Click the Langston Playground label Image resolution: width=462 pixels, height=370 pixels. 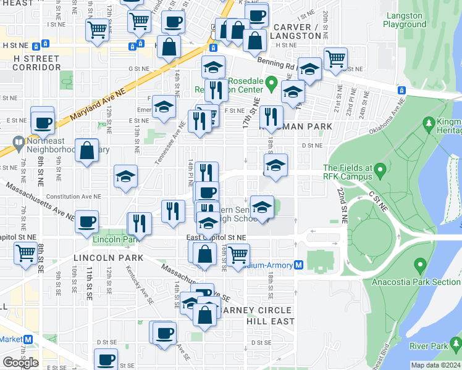pos(405,20)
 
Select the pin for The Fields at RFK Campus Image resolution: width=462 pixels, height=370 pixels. pos(380,168)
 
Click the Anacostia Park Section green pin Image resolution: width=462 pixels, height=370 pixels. pos(421,266)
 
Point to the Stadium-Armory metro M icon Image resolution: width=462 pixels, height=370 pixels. pos(298,265)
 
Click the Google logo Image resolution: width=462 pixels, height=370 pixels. pos(20,362)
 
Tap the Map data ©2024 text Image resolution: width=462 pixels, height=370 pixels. pos(435,365)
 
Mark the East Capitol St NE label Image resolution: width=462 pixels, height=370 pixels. pos(216,237)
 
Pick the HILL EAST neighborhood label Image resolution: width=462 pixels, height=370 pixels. pos(270,321)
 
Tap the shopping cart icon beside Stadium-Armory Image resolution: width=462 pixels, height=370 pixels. pos(238,255)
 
